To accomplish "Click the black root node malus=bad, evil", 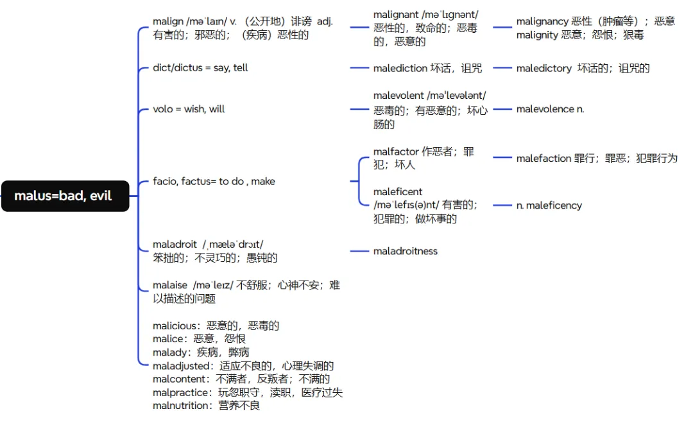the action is click(64, 196).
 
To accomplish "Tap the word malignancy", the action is click(542, 21).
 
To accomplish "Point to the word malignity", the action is click(537, 35).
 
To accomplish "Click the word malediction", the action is click(400, 68).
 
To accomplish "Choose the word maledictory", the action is click(544, 68).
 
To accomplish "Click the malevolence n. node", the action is click(550, 109).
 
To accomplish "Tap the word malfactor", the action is click(396, 152).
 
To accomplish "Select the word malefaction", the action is click(543, 158).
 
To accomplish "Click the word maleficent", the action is click(398, 191).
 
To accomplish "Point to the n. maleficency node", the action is click(549, 205).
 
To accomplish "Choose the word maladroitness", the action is click(405, 251).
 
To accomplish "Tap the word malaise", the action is click(170, 285).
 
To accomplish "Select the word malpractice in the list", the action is click(180, 392).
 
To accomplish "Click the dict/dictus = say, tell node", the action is click(200, 67).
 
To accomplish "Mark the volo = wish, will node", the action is click(189, 109).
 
